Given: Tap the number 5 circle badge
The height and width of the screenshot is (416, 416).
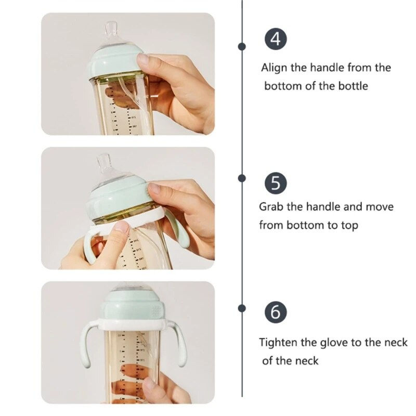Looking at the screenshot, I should tap(276, 184).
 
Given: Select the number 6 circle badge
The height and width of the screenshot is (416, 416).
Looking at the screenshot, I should tap(276, 313).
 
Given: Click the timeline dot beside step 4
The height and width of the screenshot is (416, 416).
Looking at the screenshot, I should tap(242, 46).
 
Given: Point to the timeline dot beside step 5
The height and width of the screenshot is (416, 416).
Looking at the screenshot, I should tap(242, 178).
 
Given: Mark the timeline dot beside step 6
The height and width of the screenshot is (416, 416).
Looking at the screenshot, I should tap(242, 308).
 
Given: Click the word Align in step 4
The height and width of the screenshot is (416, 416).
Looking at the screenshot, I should tap(274, 68).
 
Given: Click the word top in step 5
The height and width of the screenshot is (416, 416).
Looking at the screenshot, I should tap(348, 226).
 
